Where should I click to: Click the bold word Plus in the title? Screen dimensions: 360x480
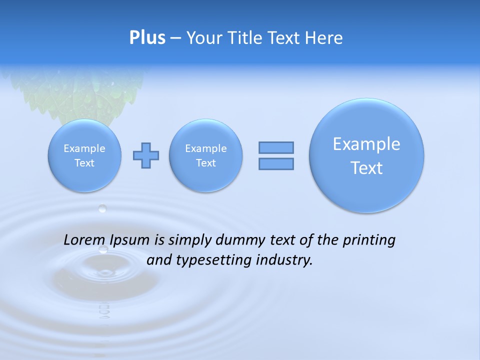(147, 37)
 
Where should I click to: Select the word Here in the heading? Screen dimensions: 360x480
(324, 38)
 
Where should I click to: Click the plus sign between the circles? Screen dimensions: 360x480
(146, 155)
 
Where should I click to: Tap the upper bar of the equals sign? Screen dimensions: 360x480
(276, 147)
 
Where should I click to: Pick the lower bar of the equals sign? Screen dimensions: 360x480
(276, 164)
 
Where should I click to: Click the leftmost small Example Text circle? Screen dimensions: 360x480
(84, 155)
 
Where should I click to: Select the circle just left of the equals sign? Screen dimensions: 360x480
(205, 155)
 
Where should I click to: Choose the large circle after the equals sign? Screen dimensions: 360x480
(366, 155)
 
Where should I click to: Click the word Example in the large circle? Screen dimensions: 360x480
(366, 144)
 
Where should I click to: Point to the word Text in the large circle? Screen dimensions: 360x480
(366, 168)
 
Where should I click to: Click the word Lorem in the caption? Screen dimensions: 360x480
(82, 240)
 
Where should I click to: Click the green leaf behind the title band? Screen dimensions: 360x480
(80, 92)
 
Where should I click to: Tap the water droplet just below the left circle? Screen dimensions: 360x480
(102, 208)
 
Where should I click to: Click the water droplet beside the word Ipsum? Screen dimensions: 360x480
(103, 249)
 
